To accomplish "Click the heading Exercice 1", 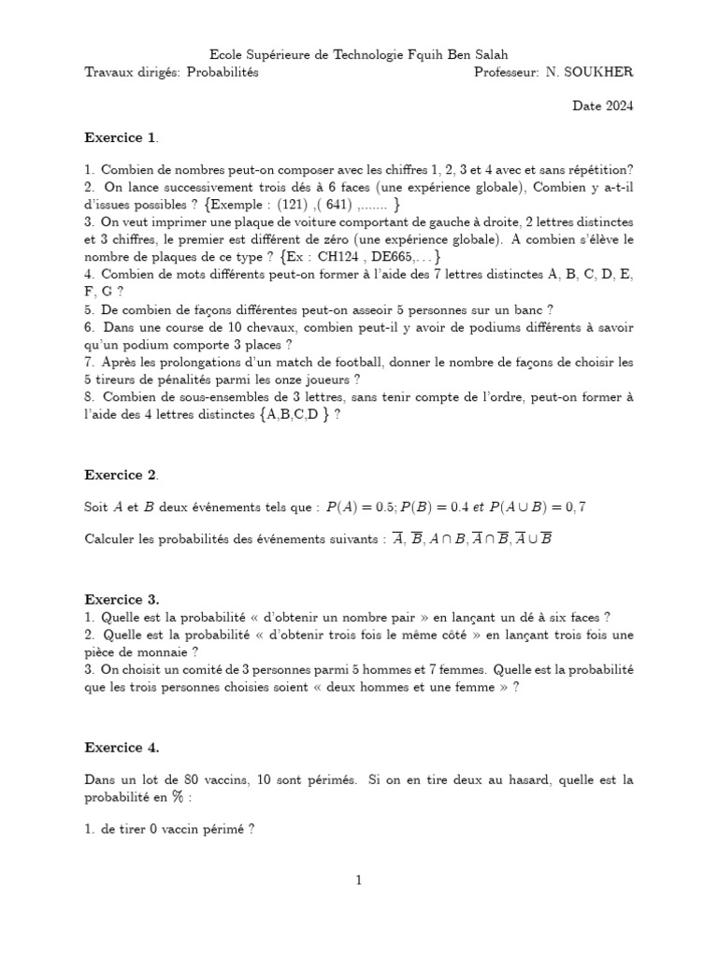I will [x=121, y=138].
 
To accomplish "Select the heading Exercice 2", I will [x=121, y=475].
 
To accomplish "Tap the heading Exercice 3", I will [x=122, y=598].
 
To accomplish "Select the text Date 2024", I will [x=603, y=106].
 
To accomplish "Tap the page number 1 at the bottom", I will [x=359, y=879].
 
